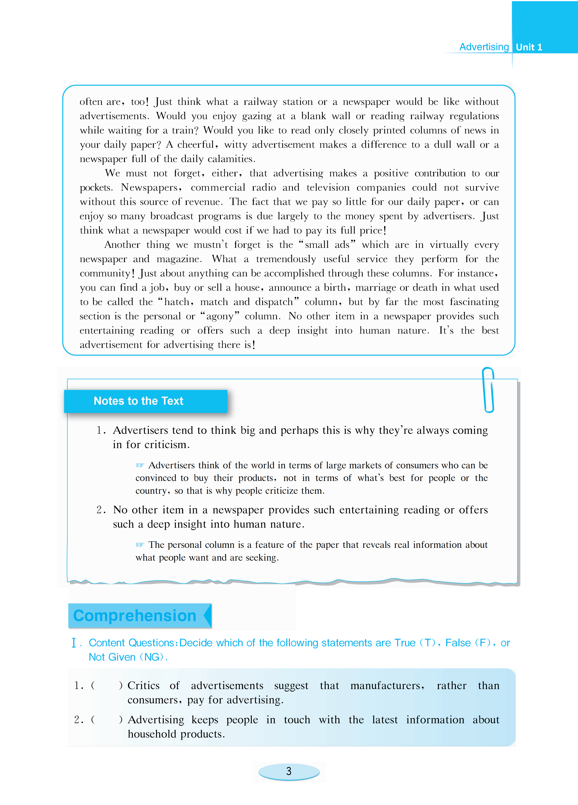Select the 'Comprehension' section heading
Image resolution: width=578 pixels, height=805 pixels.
pyautogui.click(x=135, y=615)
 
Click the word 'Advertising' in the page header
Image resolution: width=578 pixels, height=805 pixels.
pyautogui.click(x=484, y=47)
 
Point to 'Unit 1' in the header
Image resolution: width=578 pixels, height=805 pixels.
pyautogui.click(x=529, y=47)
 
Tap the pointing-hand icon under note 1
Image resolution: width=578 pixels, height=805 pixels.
pyautogui.click(x=140, y=465)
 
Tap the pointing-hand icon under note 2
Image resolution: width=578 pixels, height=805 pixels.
pyautogui.click(x=140, y=545)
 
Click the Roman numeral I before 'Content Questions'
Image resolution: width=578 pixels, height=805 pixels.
pyautogui.click(x=74, y=643)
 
